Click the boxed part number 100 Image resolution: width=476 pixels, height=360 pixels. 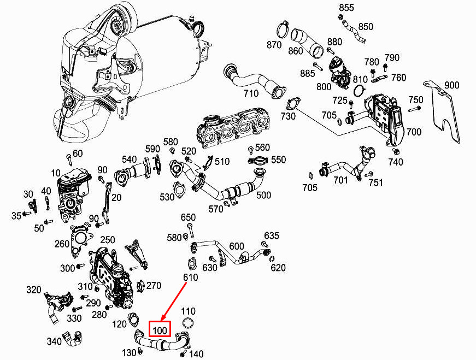pyautogui.click(x=160, y=329)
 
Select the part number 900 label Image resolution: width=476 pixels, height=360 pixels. pyautogui.click(x=451, y=85)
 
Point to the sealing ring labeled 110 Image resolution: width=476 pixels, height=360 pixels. pyautogui.click(x=188, y=323)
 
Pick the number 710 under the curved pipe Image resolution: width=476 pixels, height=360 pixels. pyautogui.click(x=251, y=93)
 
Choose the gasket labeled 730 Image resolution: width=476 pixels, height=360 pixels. pyautogui.click(x=292, y=103)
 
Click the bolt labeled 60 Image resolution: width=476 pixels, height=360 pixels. pyautogui.click(x=69, y=160)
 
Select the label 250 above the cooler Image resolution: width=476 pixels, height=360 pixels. pyautogui.click(x=108, y=240)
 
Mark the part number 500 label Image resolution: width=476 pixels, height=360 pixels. pyautogui.click(x=263, y=195)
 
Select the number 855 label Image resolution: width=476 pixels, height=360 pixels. pyautogui.click(x=346, y=8)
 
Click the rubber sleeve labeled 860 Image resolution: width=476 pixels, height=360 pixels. pyautogui.click(x=307, y=43)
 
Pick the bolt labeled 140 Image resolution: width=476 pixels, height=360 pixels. pyautogui.click(x=183, y=354)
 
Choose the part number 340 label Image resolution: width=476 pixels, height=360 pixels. pyautogui.click(x=54, y=341)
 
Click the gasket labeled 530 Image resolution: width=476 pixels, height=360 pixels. pyautogui.click(x=179, y=190)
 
